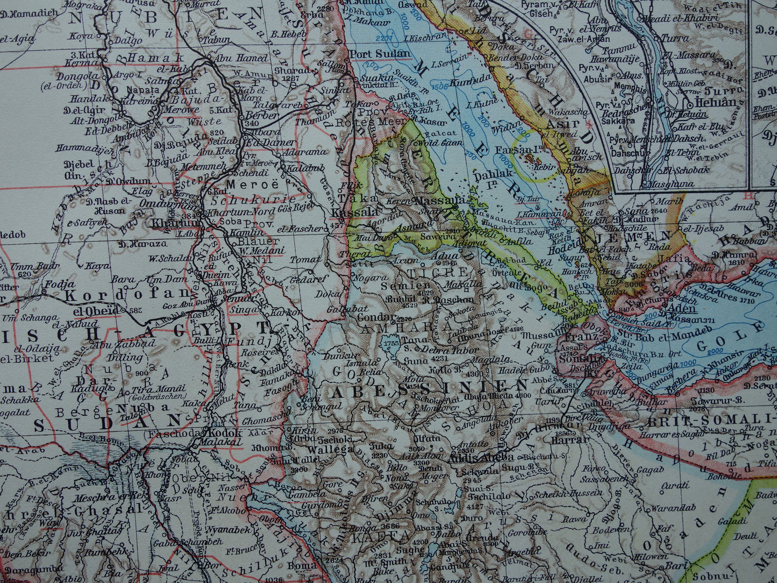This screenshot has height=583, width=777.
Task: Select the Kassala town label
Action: tap(348, 213)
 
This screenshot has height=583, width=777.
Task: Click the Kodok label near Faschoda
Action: tap(223, 432)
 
